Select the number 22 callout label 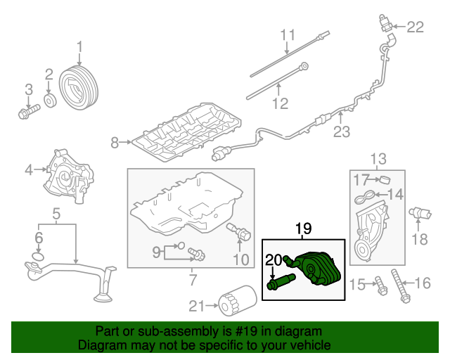(416, 27)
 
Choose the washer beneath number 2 (50, 99)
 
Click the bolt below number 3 (26, 112)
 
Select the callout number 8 (115, 143)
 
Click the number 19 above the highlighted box (302, 229)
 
